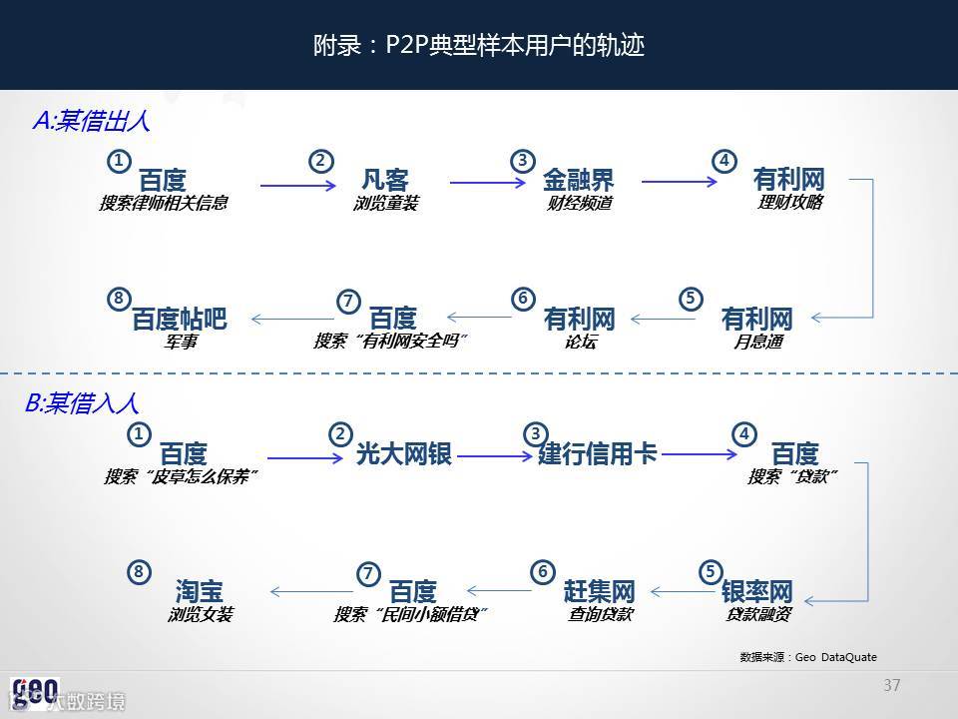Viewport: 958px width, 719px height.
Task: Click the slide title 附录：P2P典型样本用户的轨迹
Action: [x=479, y=46]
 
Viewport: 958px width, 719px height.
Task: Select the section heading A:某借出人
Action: [x=91, y=121]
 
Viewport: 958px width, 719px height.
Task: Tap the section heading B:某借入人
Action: [x=81, y=403]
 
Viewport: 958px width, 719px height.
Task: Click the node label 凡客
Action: [x=385, y=181]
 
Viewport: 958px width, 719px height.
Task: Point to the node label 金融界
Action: [x=578, y=181]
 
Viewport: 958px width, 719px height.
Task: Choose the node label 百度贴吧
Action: [x=180, y=320]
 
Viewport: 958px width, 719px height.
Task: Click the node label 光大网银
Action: [x=404, y=454]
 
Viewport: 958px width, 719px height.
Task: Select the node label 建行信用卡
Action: [x=598, y=453]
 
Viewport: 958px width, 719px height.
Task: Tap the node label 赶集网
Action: [x=599, y=590]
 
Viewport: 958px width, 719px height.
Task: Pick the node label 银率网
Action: [x=757, y=591]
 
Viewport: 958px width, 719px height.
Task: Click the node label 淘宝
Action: [x=200, y=591]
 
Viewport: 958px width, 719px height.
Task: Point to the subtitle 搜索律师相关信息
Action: [x=163, y=204]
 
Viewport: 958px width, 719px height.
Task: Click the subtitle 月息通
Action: [x=757, y=342]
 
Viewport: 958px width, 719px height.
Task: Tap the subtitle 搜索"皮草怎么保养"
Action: [x=182, y=477]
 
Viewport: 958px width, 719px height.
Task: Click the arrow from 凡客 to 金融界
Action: [x=488, y=183]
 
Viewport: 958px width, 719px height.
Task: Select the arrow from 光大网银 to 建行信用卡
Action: [x=495, y=456]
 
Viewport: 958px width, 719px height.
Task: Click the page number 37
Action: [x=892, y=685]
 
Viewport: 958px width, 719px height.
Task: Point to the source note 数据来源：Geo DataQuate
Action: [x=808, y=656]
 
